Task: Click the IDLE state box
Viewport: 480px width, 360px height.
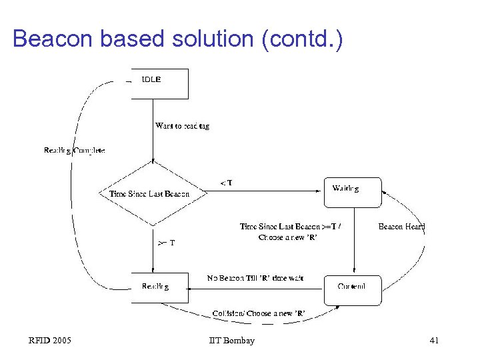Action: [x=159, y=83]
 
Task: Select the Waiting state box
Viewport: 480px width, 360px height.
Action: [x=352, y=192]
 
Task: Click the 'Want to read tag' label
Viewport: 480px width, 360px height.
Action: [x=182, y=126]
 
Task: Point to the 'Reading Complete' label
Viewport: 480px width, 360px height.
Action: [x=74, y=151]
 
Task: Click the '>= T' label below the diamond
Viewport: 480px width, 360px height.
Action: [x=166, y=243]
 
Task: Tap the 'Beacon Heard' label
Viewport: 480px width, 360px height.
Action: [x=401, y=227]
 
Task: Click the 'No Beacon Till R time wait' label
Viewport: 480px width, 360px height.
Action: [x=255, y=278]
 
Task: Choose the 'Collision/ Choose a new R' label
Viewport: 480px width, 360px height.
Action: [x=259, y=313]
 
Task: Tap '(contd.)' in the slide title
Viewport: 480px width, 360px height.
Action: [x=303, y=39]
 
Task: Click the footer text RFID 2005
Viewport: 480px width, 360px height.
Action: [x=50, y=341]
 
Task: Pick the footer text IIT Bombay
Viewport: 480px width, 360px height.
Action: [x=231, y=341]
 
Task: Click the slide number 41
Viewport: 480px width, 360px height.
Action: [x=434, y=341]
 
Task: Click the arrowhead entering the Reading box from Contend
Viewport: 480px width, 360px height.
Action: [x=190, y=289]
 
